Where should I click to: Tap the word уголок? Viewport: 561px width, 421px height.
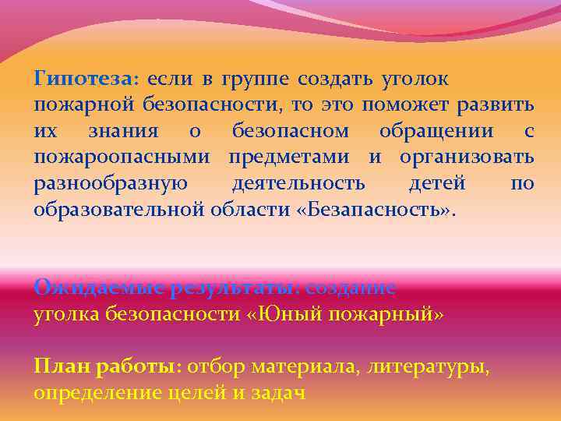point(415,79)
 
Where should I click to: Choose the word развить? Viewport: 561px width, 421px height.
point(496,105)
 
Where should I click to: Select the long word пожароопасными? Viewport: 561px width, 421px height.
point(122,158)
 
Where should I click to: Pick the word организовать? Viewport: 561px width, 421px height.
point(467,158)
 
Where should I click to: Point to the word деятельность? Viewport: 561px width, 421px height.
point(298,185)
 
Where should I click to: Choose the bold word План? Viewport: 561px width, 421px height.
point(60,366)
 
